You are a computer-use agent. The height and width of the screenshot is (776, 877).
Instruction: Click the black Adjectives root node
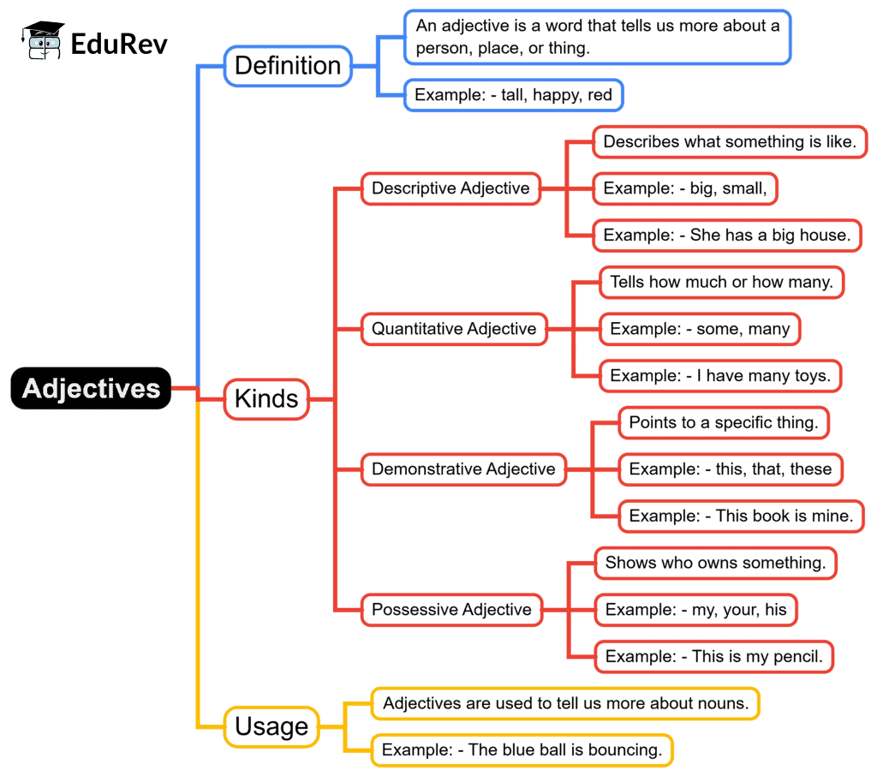(91, 389)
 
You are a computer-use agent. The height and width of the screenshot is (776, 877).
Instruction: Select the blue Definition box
(288, 66)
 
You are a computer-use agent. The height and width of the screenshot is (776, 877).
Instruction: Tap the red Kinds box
(266, 399)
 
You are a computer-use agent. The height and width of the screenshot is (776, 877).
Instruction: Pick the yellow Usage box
(271, 727)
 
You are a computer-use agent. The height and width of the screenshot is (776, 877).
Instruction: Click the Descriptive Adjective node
(450, 188)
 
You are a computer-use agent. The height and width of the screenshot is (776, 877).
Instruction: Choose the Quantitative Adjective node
(454, 329)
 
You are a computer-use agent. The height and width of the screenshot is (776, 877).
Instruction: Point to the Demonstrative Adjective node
(463, 469)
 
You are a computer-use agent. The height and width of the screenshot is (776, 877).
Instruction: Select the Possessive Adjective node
(451, 610)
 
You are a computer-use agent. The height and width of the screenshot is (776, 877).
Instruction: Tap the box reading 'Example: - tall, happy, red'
(514, 95)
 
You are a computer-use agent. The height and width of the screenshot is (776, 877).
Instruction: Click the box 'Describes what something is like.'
(730, 142)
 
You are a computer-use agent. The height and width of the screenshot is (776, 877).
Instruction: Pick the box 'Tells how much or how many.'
(721, 282)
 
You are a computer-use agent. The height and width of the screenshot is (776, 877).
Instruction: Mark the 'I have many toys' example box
(719, 375)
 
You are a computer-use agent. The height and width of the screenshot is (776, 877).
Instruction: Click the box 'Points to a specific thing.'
(724, 422)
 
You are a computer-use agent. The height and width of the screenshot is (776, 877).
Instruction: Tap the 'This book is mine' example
(741, 516)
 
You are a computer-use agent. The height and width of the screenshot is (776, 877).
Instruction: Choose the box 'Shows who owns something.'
(715, 563)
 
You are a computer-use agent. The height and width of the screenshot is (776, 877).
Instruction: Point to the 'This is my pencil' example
(714, 657)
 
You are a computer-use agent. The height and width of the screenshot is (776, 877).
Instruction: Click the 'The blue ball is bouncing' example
(522, 750)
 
